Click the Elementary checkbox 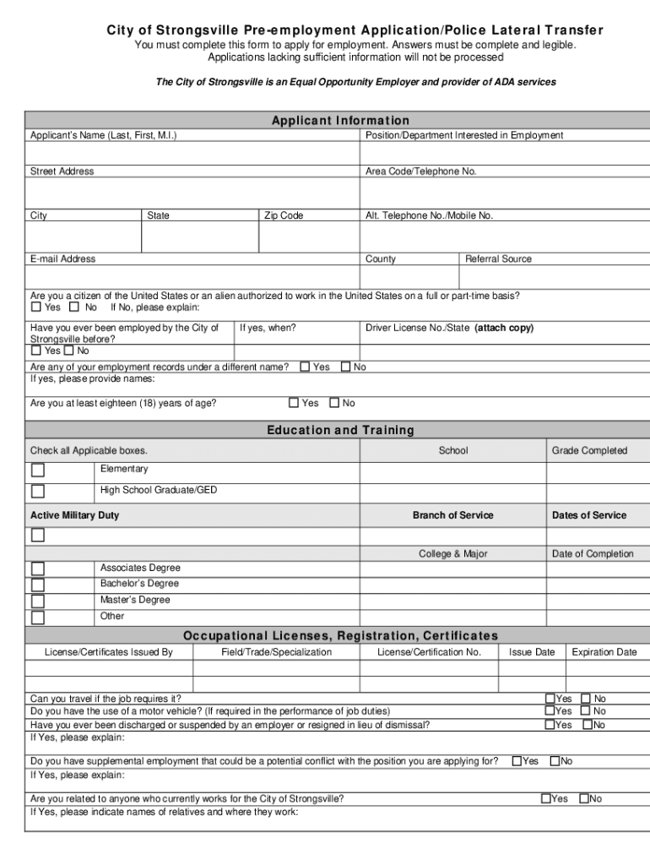tap(38, 471)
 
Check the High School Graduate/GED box tap(38, 491)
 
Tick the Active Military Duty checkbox tap(38, 535)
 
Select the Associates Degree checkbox tap(38, 569)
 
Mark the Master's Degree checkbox tap(38, 601)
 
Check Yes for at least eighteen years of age tap(294, 403)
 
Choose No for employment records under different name tap(345, 367)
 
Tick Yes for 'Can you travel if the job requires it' tap(550, 699)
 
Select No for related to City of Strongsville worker tap(583, 798)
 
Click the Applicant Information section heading tap(340, 121)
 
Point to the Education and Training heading tap(340, 431)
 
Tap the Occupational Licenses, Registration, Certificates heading tap(340, 636)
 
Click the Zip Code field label tap(284, 216)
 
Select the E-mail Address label tap(63, 259)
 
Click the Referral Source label tap(499, 259)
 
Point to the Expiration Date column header tap(604, 652)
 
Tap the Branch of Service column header tap(453, 515)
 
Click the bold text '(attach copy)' tap(504, 328)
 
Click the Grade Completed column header tap(590, 451)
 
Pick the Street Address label tap(62, 171)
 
